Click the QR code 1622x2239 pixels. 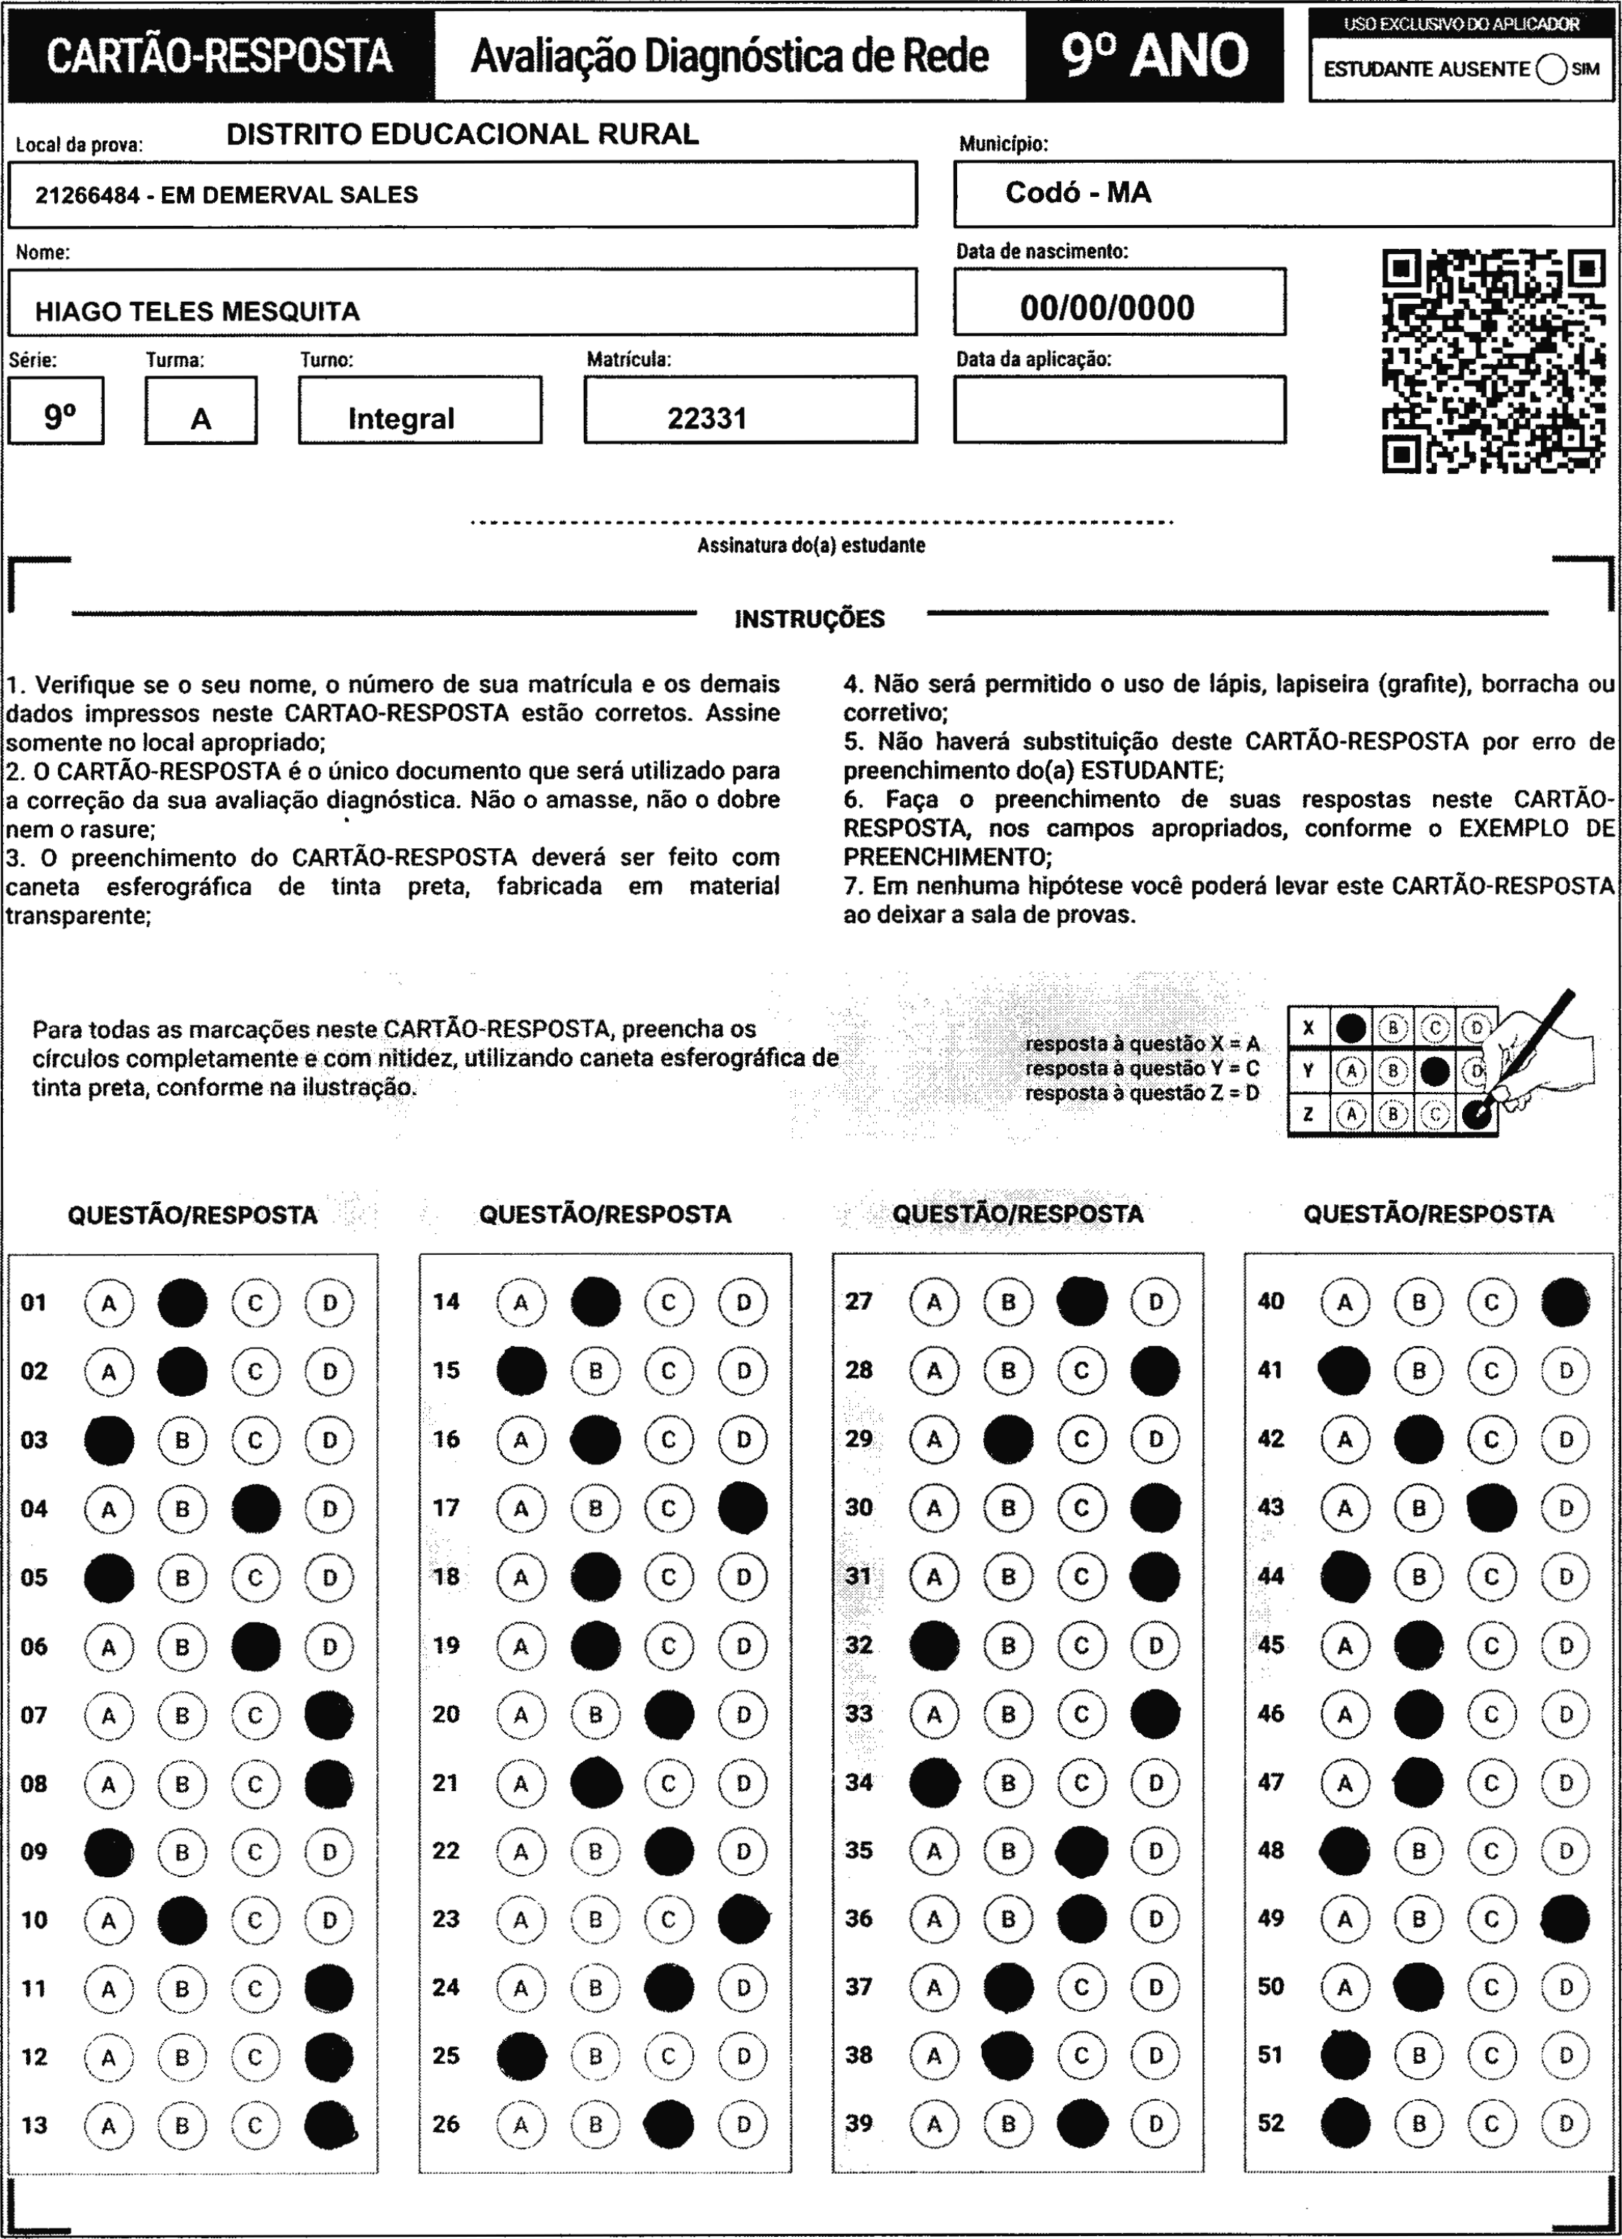click(1493, 361)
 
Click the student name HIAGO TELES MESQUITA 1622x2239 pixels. click(198, 312)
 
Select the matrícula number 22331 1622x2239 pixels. click(707, 418)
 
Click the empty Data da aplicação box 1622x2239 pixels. click(1118, 410)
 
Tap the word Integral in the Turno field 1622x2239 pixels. click(401, 418)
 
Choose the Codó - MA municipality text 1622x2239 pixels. click(1078, 192)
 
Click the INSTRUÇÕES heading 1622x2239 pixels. click(810, 619)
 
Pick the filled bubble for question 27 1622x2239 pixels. click(1082, 1302)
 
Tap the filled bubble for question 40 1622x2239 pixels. click(1565, 1302)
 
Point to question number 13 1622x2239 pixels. click(35, 2125)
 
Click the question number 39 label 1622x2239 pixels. click(859, 2122)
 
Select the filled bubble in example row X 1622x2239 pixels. click(1351, 1028)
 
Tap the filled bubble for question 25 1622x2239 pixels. click(521, 2055)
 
